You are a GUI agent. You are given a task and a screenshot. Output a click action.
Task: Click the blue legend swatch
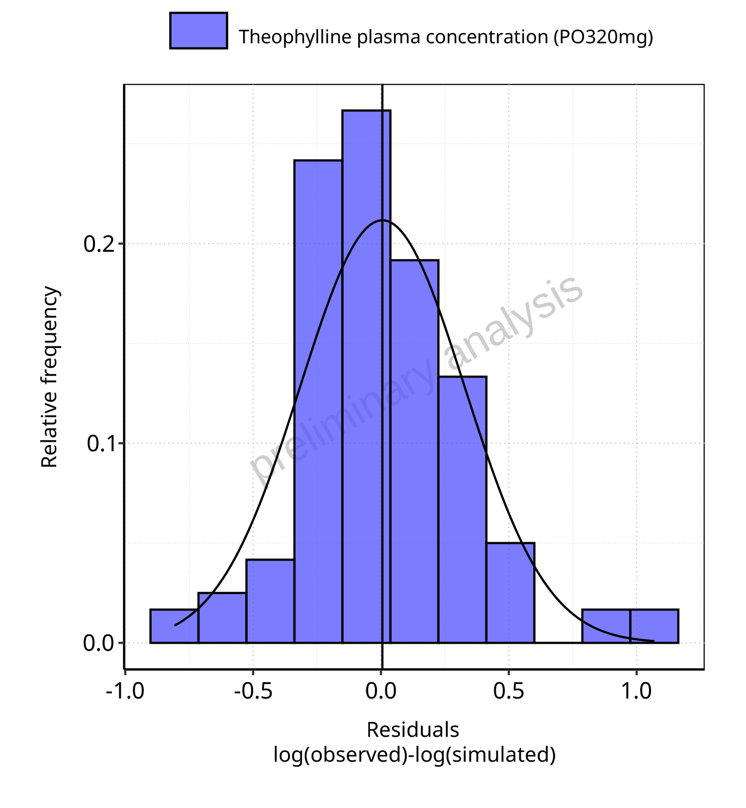198,31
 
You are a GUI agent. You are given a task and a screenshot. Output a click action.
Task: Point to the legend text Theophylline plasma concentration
446,37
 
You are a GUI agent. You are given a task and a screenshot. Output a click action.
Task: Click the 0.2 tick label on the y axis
99,244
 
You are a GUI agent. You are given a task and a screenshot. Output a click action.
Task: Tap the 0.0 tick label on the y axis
99,643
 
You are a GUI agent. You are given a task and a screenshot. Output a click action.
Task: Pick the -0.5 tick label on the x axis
253,692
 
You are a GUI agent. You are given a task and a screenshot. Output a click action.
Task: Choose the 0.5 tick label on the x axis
509,692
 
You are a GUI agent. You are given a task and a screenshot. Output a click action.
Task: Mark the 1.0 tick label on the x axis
637,692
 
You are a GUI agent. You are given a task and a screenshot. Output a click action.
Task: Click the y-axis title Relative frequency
49,377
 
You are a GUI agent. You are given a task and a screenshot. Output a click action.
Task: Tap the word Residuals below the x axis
413,730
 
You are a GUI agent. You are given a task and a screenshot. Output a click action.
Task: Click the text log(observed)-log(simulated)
414,755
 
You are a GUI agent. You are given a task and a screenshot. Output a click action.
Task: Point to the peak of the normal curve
382,220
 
